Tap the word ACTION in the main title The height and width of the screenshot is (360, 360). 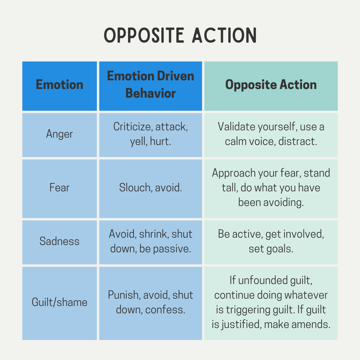(x=224, y=35)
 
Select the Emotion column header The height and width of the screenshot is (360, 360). (x=60, y=85)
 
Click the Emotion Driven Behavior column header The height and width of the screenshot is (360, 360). (x=151, y=85)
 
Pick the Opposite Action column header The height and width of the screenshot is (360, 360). (x=271, y=85)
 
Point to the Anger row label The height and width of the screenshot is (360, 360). (x=60, y=134)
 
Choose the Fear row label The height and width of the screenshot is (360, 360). (x=60, y=187)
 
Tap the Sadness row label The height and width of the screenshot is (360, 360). (x=60, y=241)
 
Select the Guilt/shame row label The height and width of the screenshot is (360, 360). (x=60, y=302)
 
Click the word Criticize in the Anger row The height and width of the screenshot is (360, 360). (x=132, y=127)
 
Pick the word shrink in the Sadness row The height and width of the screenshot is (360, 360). (x=153, y=234)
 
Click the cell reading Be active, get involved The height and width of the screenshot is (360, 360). (x=271, y=241)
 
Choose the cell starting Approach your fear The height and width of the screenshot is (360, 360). (x=271, y=187)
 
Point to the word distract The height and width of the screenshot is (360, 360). (x=298, y=141)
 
